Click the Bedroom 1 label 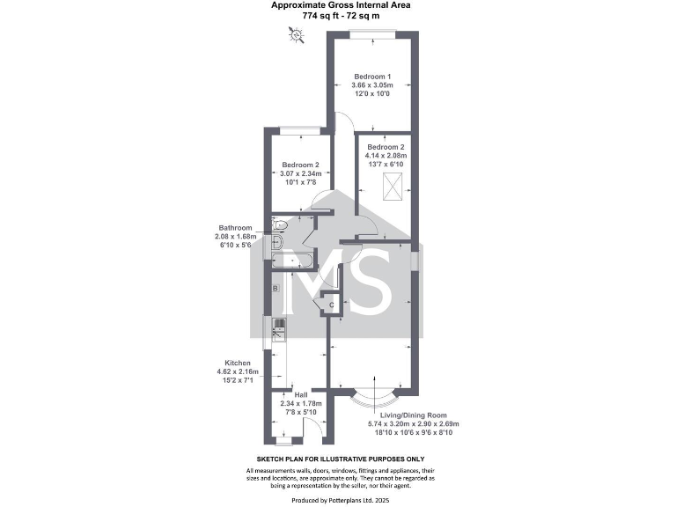point(371,75)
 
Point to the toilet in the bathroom point(278,225)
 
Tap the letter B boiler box point(276,289)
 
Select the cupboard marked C point(331,305)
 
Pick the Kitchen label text point(238,363)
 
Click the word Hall point(300,394)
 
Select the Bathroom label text point(236,228)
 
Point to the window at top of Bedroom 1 point(369,33)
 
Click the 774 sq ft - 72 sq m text point(340,16)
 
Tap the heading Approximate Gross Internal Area point(340,5)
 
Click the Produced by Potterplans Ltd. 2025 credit point(340,500)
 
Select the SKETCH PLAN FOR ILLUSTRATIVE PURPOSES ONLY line point(340,459)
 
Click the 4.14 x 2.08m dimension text point(386,156)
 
